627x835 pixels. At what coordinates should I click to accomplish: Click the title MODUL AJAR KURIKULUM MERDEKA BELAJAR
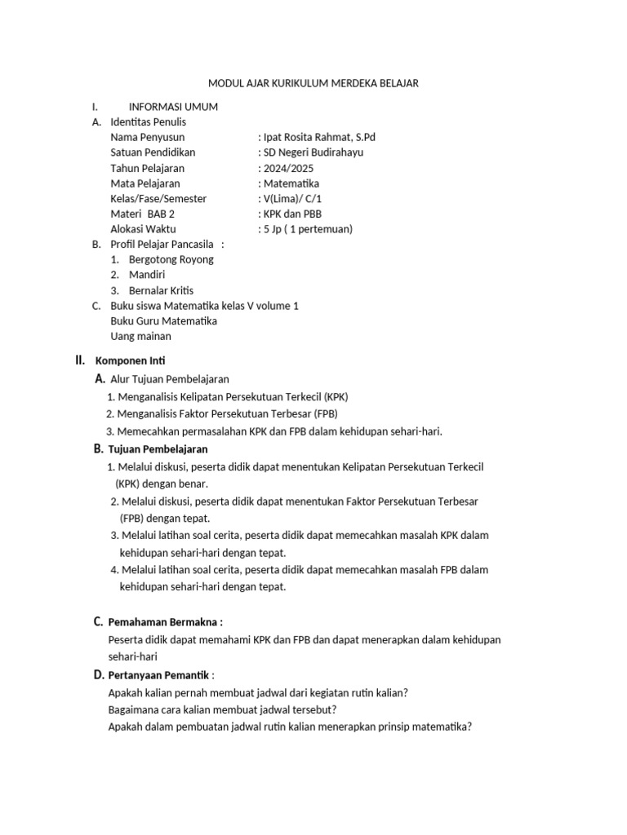coord(313,83)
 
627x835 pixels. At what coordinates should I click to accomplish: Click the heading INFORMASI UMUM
coord(173,107)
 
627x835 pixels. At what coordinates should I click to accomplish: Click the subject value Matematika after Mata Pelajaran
coord(290,183)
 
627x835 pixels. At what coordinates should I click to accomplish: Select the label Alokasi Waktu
coord(143,229)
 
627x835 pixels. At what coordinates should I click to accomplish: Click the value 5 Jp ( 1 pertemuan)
coord(306,229)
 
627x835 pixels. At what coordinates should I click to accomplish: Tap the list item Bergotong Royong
coord(171,259)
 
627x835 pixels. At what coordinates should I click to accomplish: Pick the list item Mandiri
coord(147,275)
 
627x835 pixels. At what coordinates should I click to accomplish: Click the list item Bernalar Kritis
coord(161,290)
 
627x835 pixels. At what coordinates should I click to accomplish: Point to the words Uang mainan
coord(140,336)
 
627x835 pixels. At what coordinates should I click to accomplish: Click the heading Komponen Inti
coord(131,360)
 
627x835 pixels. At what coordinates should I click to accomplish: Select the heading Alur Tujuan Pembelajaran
coord(169,379)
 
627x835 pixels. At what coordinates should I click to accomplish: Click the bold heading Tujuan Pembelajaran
coord(158,449)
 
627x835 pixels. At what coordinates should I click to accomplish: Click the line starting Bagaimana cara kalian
coord(223,709)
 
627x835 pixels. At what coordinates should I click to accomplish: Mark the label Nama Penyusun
coord(148,137)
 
